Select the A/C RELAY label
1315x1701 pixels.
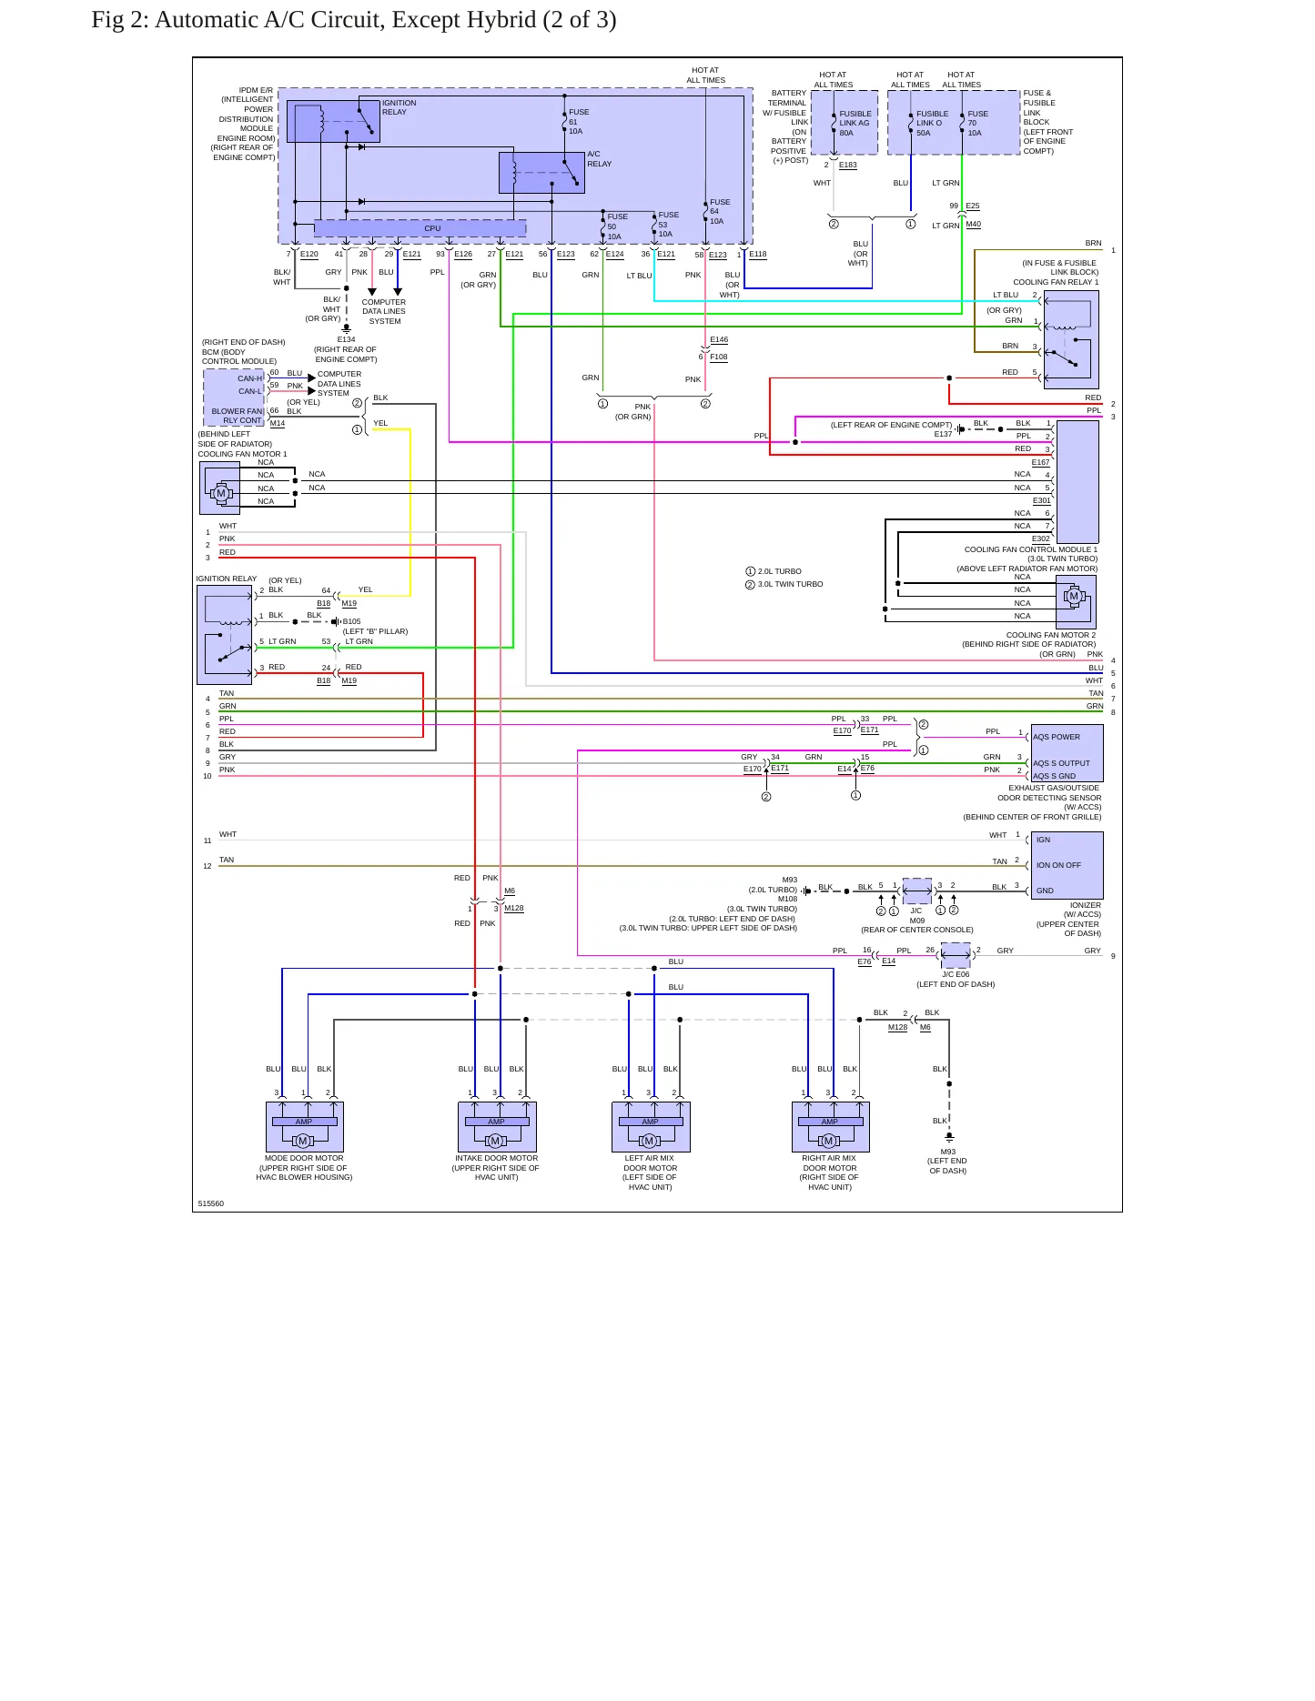click(599, 159)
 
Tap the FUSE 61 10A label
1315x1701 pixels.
click(579, 122)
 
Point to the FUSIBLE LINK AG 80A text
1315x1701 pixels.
click(855, 124)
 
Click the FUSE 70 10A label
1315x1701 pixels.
click(977, 124)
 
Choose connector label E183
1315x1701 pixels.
click(847, 165)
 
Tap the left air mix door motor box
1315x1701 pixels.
click(651, 1127)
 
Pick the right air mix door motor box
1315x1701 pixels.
click(831, 1127)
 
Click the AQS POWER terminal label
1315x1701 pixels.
click(1057, 737)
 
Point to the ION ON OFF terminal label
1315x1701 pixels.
click(1058, 865)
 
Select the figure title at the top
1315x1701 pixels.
click(354, 20)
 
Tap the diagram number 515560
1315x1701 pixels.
click(211, 1203)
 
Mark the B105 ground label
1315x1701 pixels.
click(351, 621)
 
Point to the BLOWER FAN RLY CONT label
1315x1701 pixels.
click(237, 416)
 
